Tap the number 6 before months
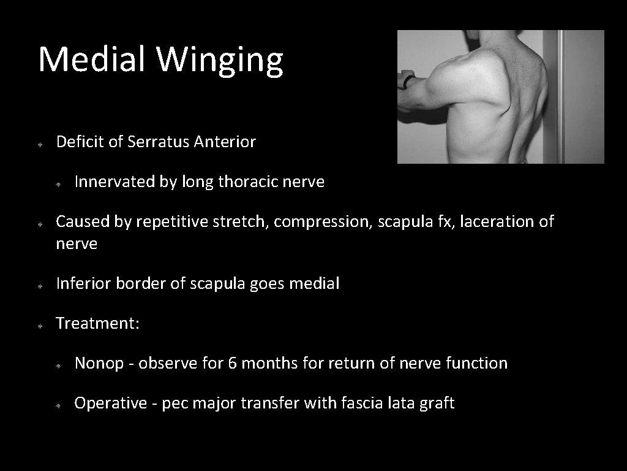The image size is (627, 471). [233, 364]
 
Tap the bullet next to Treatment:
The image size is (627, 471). [39, 324]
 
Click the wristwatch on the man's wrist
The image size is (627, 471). [409, 80]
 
